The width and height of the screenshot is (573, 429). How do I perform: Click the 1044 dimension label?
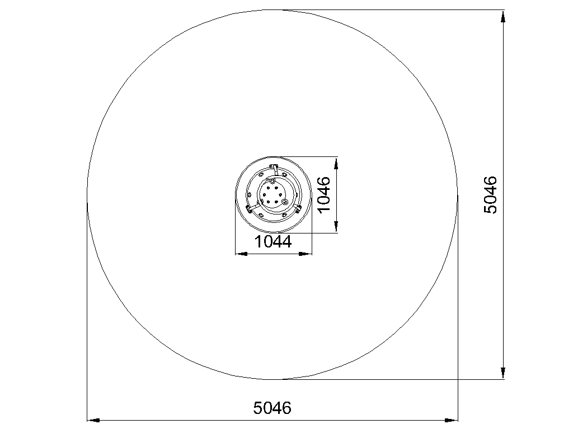273,242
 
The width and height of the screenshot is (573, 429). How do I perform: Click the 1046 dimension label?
324,194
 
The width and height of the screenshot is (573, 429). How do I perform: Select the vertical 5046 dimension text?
490,195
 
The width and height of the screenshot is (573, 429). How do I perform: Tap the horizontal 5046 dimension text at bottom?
273,408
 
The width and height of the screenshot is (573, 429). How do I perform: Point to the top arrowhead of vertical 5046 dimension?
503,16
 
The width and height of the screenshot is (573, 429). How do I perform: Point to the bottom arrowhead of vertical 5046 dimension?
503,373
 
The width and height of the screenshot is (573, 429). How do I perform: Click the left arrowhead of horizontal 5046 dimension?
93,420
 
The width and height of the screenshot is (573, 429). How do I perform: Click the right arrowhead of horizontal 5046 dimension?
451,420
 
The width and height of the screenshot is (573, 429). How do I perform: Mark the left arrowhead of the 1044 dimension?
242,254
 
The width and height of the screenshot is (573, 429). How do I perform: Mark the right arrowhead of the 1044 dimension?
306,254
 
